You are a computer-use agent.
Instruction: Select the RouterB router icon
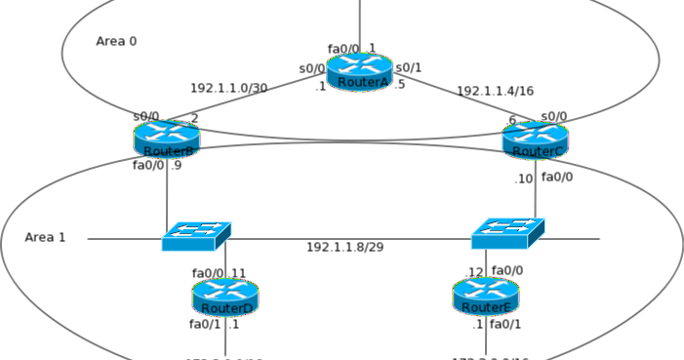tap(167, 140)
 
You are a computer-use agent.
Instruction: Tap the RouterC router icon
tap(535, 140)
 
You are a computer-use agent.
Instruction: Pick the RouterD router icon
tap(225, 297)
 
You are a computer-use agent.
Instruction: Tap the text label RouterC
tap(538, 151)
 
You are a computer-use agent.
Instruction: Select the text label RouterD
tap(227, 308)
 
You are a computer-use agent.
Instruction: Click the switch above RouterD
tap(196, 235)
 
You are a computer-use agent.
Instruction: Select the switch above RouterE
tap(507, 233)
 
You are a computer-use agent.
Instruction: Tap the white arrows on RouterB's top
tap(167, 131)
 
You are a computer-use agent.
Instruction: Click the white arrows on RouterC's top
tap(535, 132)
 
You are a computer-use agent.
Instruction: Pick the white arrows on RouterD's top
tap(225, 288)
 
